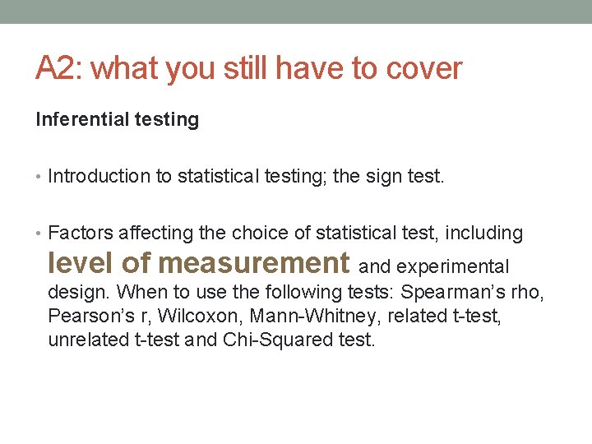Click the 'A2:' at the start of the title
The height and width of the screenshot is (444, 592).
tap(58, 68)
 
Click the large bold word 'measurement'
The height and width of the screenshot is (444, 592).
tap(254, 262)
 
